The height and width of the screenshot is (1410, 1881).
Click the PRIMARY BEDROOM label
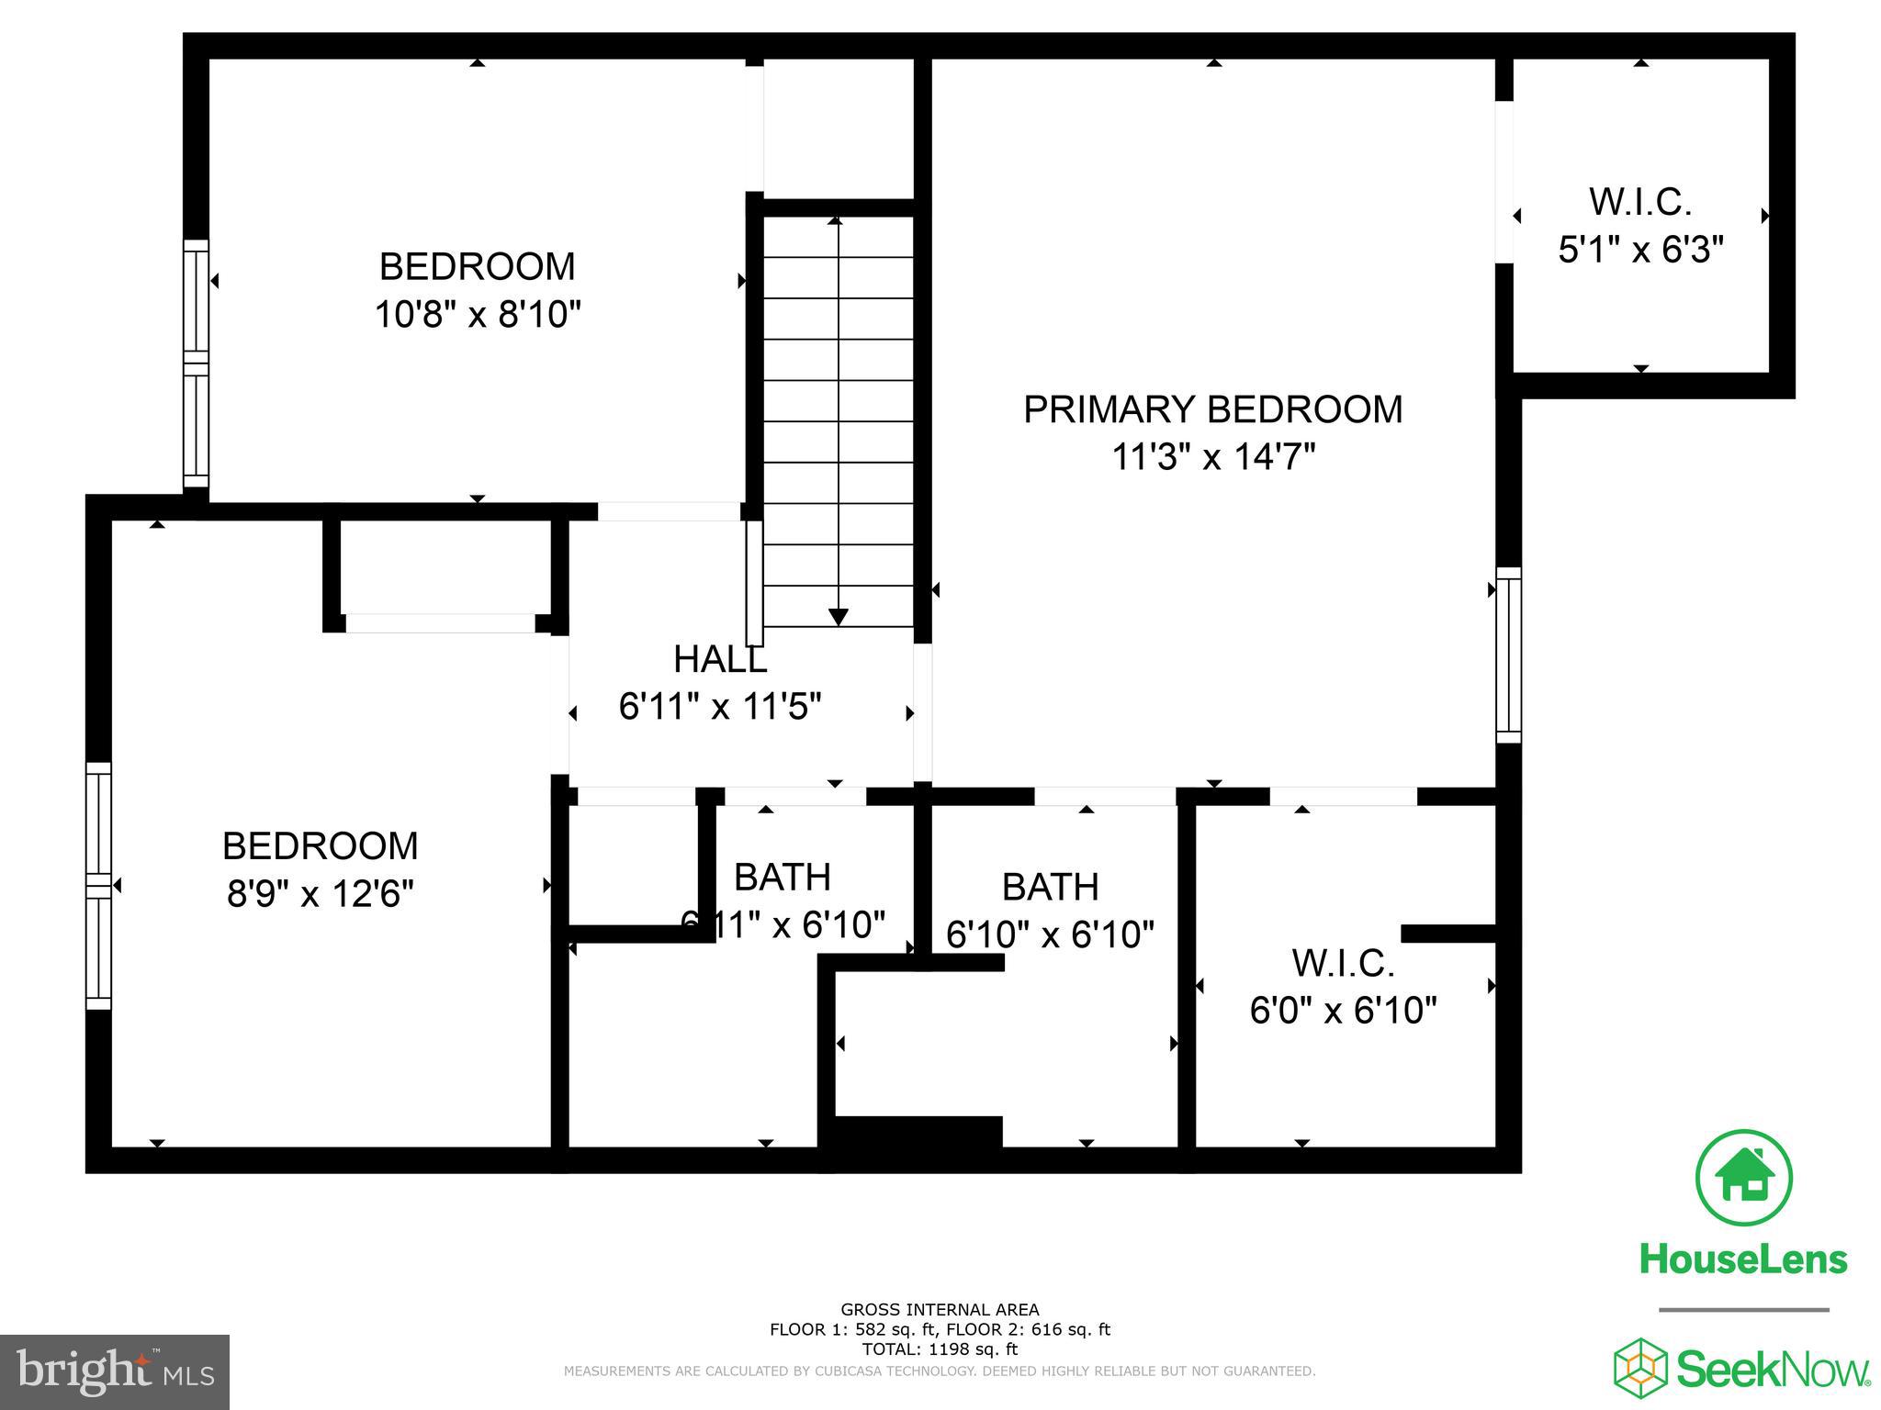point(1212,409)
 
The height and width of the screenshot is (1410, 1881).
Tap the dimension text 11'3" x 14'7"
point(1213,456)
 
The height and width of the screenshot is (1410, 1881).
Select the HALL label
point(720,659)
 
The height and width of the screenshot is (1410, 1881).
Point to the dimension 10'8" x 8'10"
point(478,315)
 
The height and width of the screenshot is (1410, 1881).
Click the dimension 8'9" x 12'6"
point(321,893)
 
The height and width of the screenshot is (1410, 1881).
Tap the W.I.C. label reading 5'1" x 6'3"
point(1640,202)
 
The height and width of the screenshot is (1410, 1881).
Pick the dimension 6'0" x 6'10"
point(1343,1011)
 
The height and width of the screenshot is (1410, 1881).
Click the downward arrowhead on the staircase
point(839,617)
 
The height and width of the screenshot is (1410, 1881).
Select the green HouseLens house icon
point(1743,1179)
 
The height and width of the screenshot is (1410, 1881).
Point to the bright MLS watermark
point(115,1371)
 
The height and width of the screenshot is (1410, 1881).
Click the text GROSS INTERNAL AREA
point(940,1310)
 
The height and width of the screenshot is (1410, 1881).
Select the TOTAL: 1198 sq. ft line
point(940,1349)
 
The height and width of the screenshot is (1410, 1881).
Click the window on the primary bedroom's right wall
point(1508,655)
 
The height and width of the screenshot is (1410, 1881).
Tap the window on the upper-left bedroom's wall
point(196,364)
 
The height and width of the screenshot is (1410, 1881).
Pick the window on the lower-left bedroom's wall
point(98,886)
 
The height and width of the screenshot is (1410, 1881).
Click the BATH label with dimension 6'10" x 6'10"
point(1050,887)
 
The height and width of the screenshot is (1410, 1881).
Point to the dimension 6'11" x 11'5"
point(720,707)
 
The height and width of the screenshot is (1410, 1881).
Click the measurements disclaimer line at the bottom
point(940,1371)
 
